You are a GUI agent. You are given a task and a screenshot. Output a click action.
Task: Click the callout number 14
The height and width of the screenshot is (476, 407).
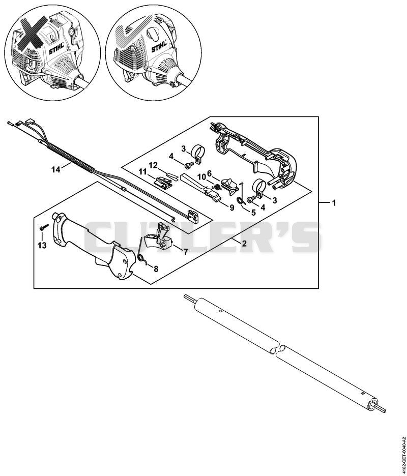point(56,169)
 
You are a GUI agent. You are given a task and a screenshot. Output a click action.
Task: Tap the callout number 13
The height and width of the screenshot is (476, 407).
point(42,245)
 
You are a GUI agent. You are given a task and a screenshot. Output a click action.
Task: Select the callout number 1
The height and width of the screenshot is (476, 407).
point(334,203)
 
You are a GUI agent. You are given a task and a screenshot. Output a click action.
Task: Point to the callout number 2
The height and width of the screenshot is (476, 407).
point(244,244)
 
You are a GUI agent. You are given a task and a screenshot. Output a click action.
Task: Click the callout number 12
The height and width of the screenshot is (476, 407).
point(153,165)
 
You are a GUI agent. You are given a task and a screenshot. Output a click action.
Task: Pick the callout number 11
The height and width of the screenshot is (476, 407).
point(142,172)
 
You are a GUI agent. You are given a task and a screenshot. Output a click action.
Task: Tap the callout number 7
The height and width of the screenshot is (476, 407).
point(186,251)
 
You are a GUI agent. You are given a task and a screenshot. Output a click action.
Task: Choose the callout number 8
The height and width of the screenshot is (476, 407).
point(156,269)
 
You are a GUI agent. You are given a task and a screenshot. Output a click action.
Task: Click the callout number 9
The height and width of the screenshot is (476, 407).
point(232,207)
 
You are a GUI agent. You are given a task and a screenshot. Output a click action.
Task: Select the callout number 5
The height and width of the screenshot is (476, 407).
point(253,213)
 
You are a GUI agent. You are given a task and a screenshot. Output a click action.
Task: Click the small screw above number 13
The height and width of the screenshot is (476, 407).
point(44,227)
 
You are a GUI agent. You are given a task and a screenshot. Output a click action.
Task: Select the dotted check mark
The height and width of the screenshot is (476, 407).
point(129,34)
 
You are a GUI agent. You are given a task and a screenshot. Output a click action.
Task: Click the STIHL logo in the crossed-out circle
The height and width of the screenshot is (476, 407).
point(56,49)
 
